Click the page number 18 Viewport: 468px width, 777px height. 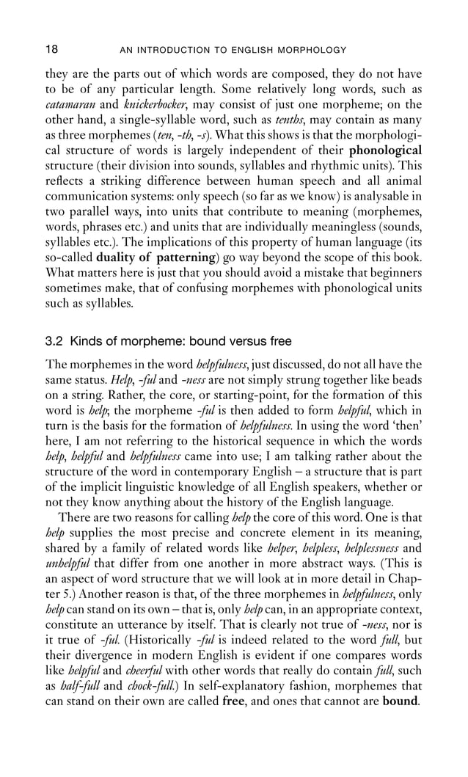[52, 50]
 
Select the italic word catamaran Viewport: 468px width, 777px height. [70, 105]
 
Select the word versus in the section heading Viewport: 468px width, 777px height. [233, 341]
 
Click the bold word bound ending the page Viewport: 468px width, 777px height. [400, 687]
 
